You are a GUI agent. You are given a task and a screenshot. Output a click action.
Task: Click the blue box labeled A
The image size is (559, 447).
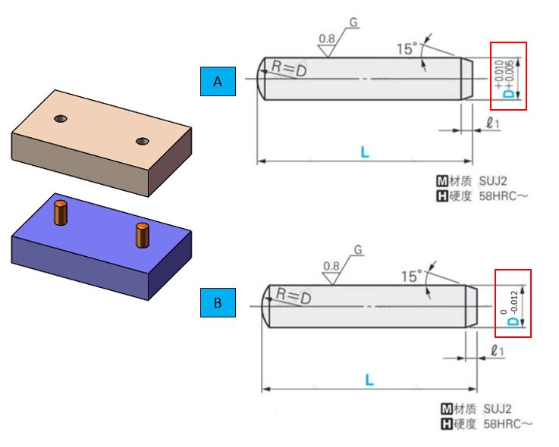[x=218, y=81]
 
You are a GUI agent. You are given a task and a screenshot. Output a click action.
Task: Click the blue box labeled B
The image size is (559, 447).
[x=218, y=302]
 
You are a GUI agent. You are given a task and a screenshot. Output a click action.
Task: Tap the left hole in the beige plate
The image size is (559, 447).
[x=61, y=118]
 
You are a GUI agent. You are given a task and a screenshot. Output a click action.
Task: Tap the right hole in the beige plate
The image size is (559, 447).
[x=143, y=142]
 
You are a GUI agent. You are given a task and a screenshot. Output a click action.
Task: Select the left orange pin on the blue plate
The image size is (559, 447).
[x=61, y=213]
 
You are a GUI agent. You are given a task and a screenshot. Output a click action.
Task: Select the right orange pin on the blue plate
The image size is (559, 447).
[x=143, y=235]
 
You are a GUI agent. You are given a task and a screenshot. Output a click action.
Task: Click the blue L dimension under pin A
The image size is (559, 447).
[x=365, y=152]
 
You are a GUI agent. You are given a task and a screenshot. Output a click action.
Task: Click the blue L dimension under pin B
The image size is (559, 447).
[x=369, y=380]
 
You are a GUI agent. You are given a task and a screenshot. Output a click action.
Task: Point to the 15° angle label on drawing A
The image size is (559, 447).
[x=407, y=48]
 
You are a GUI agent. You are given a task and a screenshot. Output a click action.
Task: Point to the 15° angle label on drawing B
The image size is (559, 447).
[x=411, y=277]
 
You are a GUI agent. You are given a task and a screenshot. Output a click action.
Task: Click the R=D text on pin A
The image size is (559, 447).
[x=289, y=68]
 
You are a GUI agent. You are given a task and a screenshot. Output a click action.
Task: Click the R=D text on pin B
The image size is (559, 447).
[x=294, y=295]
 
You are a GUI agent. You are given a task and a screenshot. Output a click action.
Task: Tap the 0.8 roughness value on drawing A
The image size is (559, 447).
[x=327, y=39]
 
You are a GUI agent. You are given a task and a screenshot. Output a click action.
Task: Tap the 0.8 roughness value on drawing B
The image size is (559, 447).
[x=331, y=266]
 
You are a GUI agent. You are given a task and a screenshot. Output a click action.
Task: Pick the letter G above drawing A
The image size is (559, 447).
[x=353, y=23]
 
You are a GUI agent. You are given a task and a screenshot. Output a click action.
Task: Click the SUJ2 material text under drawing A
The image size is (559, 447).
[x=493, y=181]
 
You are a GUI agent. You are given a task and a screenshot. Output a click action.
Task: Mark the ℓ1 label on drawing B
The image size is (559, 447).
[x=498, y=351]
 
